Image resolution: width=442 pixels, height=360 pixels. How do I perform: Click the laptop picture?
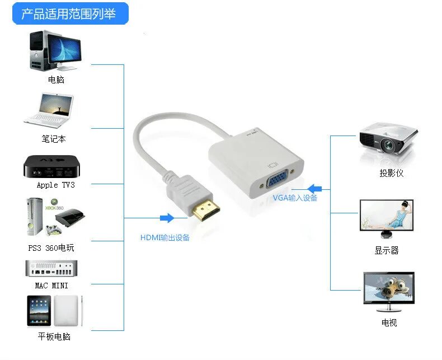(49, 110)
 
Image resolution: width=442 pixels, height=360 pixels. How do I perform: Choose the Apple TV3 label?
(55, 185)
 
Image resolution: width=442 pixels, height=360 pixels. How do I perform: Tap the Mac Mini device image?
(50, 268)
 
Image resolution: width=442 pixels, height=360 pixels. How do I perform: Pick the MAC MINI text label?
(52, 286)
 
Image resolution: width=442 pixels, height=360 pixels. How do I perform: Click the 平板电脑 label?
(54, 336)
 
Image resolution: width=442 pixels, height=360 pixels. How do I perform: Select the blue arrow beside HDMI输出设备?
(167, 218)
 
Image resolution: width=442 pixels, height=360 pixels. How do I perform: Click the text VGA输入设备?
(295, 198)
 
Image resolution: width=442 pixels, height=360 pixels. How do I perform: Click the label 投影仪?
(391, 173)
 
